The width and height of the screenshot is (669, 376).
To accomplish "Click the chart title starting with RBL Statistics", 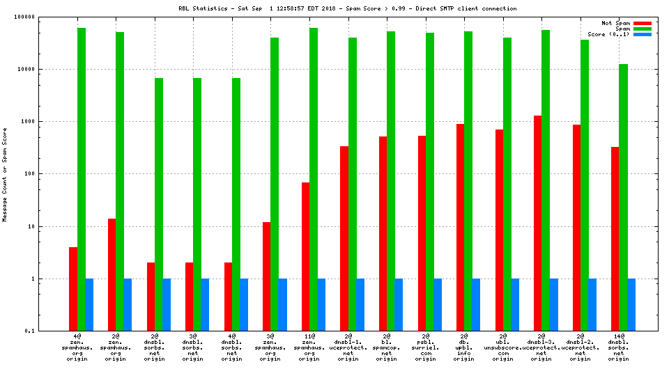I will [347, 8].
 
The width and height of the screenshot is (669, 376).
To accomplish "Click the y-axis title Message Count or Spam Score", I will [6, 174].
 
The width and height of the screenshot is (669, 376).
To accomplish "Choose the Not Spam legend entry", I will [616, 23].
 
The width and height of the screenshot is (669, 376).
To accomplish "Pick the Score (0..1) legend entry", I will [610, 34].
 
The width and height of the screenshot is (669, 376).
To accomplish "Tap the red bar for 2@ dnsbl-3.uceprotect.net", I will [538, 223].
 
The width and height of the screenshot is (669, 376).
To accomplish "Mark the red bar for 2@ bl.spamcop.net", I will [383, 233].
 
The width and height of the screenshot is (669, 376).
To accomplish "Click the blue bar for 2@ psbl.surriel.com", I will [438, 304].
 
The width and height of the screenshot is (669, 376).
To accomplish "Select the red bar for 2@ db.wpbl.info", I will [461, 227].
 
